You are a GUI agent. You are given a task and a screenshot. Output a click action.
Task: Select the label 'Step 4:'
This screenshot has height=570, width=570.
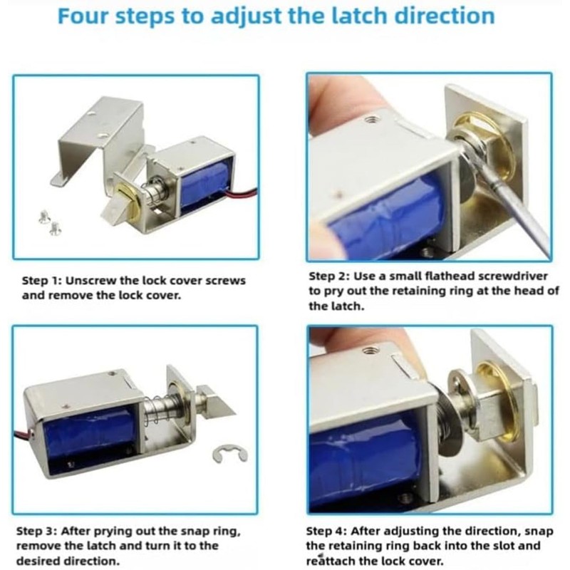pyautogui.click(x=329, y=532)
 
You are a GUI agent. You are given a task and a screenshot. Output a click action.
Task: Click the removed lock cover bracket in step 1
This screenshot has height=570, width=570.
pyautogui.click(x=100, y=135)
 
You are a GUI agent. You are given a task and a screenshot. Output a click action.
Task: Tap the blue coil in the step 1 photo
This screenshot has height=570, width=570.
pyautogui.click(x=205, y=184)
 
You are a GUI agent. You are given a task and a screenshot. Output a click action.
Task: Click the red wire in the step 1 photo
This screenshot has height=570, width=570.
pyautogui.click(x=242, y=194)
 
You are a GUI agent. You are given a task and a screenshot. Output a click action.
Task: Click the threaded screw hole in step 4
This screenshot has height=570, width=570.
pyautogui.click(x=370, y=351)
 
